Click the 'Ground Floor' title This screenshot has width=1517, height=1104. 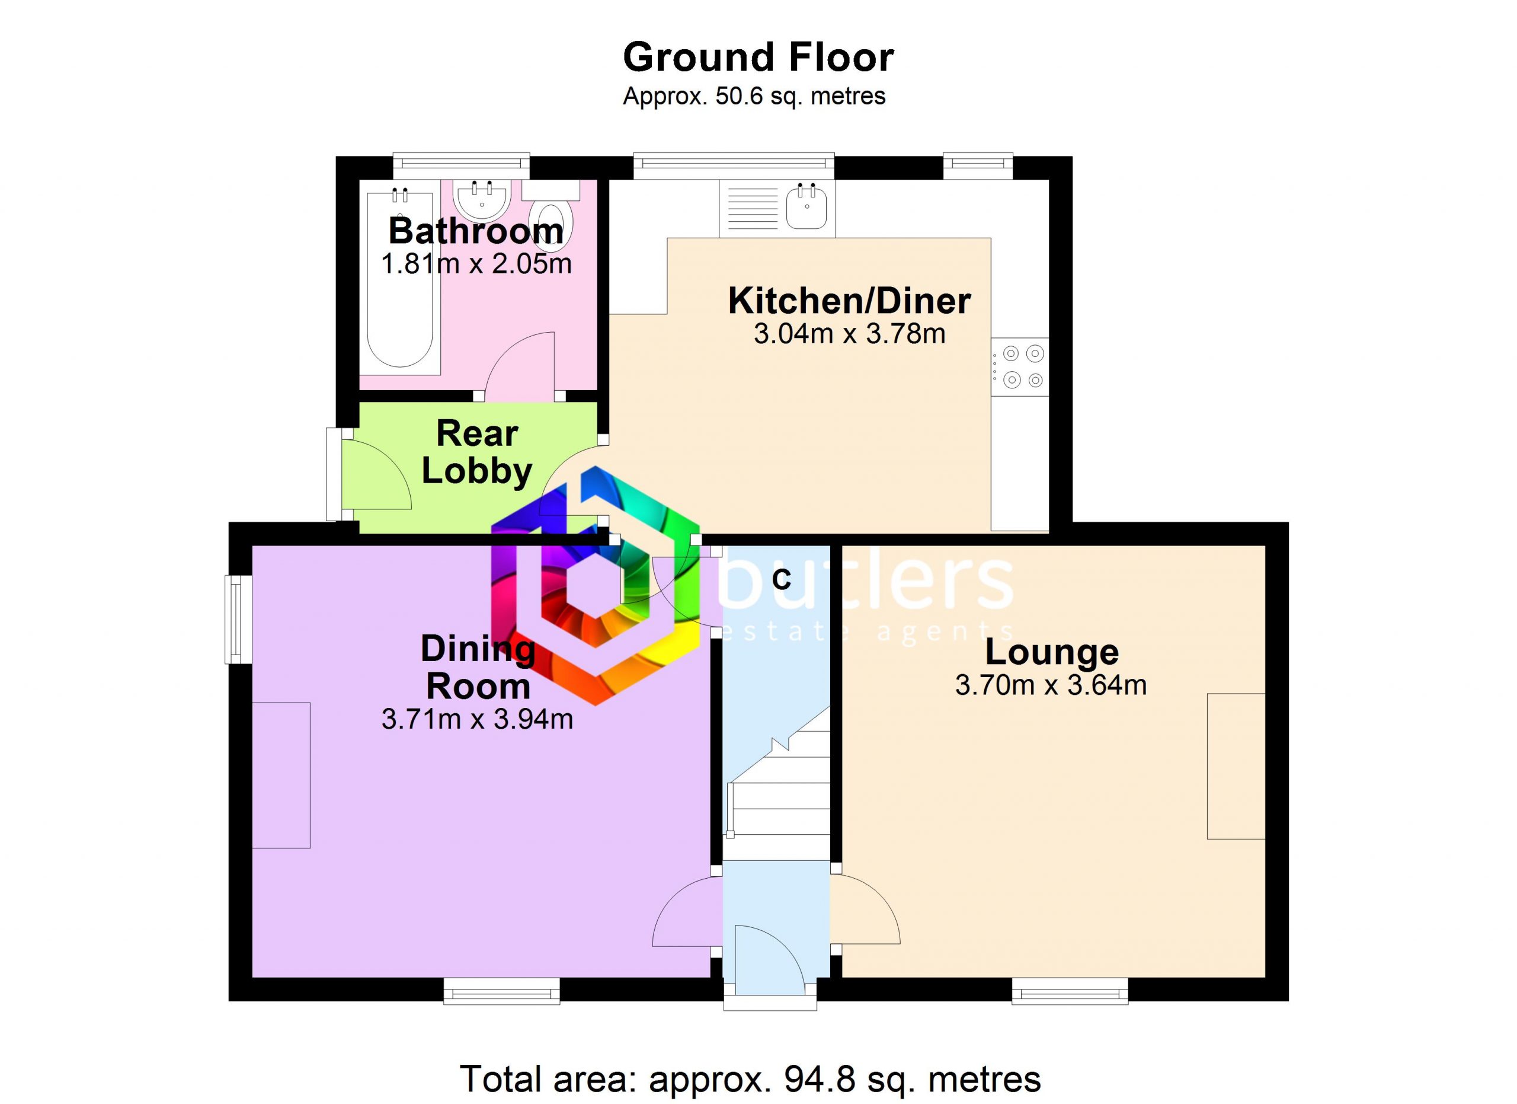pyautogui.click(x=758, y=58)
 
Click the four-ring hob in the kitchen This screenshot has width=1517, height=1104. pyautogui.click(x=1020, y=366)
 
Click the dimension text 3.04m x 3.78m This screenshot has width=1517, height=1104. pyautogui.click(x=850, y=333)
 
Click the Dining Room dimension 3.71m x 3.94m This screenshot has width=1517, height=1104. pyautogui.click(x=477, y=719)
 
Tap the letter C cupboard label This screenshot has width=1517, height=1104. pyautogui.click(x=780, y=579)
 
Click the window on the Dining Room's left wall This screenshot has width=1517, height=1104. pyautogui.click(x=238, y=619)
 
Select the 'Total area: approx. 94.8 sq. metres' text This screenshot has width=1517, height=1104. pyautogui.click(x=750, y=1079)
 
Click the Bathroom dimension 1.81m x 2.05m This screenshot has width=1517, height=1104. pyautogui.click(x=476, y=264)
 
